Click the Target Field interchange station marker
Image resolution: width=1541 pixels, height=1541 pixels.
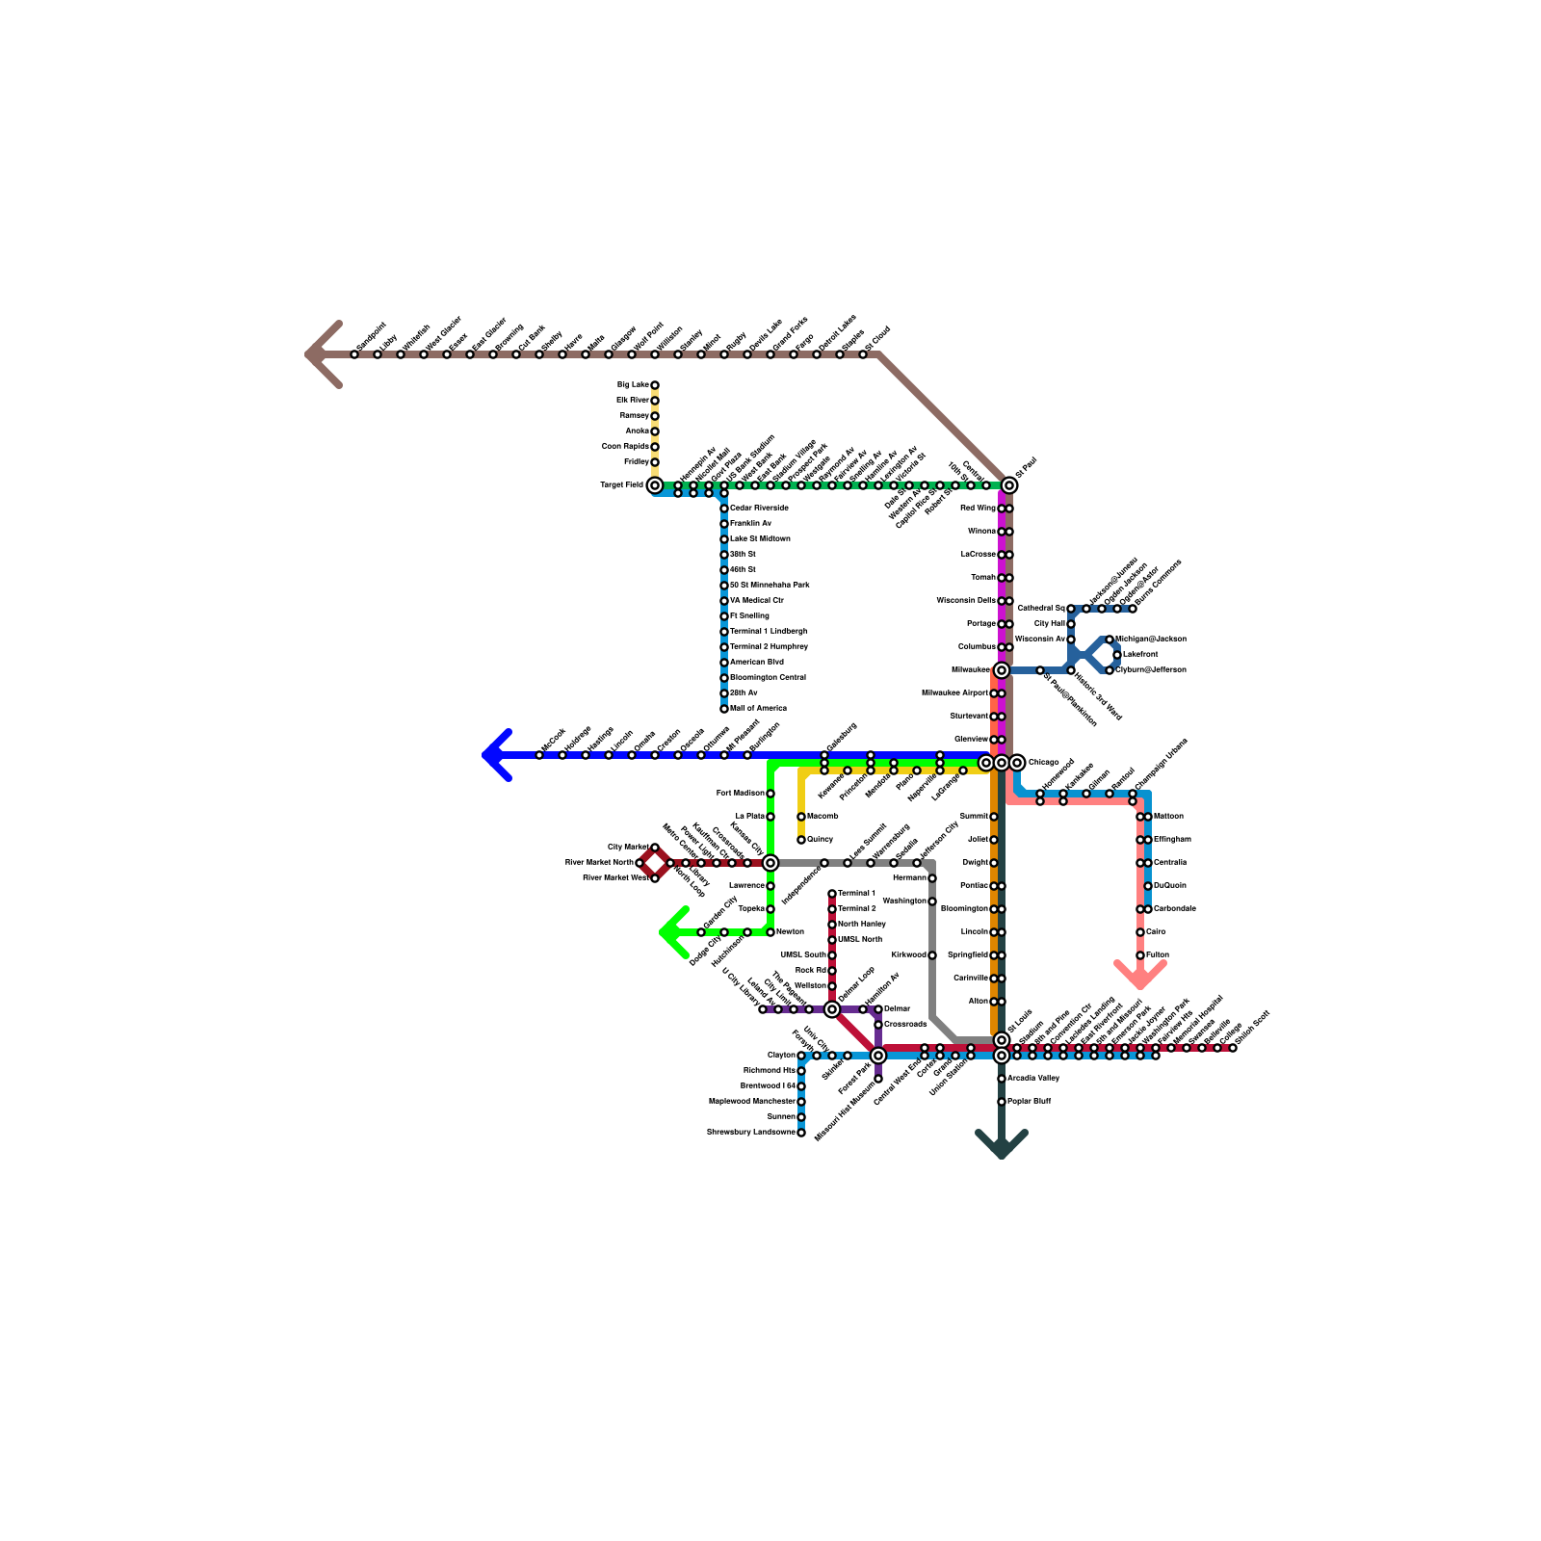pos(655,485)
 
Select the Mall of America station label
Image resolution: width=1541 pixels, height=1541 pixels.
pos(758,709)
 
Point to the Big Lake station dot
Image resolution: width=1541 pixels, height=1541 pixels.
pos(655,385)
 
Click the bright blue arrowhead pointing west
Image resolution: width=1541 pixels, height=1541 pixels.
pos(493,755)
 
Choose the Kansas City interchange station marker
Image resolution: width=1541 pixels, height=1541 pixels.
pos(770,863)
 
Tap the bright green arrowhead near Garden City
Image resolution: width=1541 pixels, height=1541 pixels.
pos(670,932)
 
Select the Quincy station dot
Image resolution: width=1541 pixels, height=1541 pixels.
pos(801,840)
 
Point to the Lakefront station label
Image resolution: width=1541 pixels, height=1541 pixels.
pos(1140,655)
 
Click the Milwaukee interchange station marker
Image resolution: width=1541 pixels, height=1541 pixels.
pos(1002,670)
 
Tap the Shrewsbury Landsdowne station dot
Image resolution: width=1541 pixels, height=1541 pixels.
pos(801,1133)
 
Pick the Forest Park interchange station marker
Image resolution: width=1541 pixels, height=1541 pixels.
pos(878,1056)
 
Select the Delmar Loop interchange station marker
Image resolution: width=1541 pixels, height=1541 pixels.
pos(832,1009)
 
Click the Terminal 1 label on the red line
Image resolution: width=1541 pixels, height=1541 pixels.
pos(857,894)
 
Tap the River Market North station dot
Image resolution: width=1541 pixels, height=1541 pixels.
pos(640,863)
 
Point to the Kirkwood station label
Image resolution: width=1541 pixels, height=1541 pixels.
pos(908,955)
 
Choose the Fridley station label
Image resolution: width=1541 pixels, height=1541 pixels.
pos(636,462)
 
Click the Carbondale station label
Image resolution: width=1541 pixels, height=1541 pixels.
pos(1175,909)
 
